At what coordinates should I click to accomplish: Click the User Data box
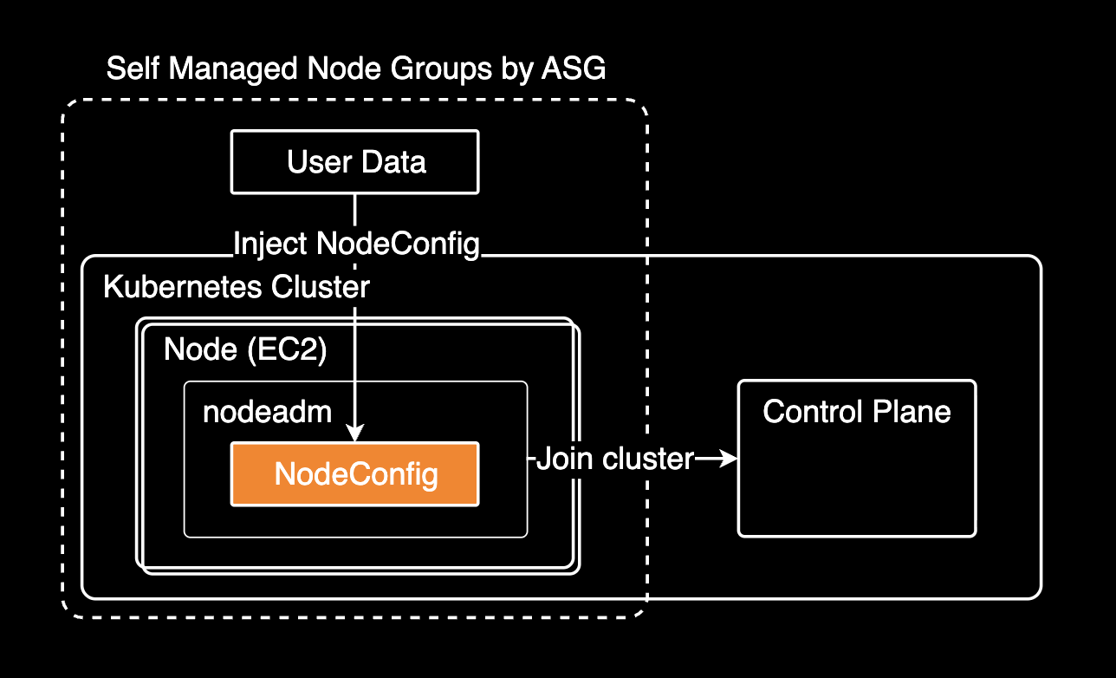click(x=354, y=162)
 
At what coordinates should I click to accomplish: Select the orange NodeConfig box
click(x=354, y=474)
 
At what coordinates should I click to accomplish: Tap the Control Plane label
click(x=856, y=411)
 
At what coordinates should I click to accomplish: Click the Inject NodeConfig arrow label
click(x=356, y=244)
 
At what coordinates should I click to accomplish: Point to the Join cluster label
click(x=614, y=459)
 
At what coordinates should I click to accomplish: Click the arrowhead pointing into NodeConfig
click(x=355, y=433)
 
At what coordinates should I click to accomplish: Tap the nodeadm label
click(x=267, y=412)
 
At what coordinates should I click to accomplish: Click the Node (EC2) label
click(x=244, y=350)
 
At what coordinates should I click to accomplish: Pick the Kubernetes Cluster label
click(x=236, y=287)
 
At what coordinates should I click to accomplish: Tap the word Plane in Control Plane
click(x=916, y=411)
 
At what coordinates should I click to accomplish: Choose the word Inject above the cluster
click(x=270, y=244)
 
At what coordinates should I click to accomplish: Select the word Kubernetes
click(x=183, y=287)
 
